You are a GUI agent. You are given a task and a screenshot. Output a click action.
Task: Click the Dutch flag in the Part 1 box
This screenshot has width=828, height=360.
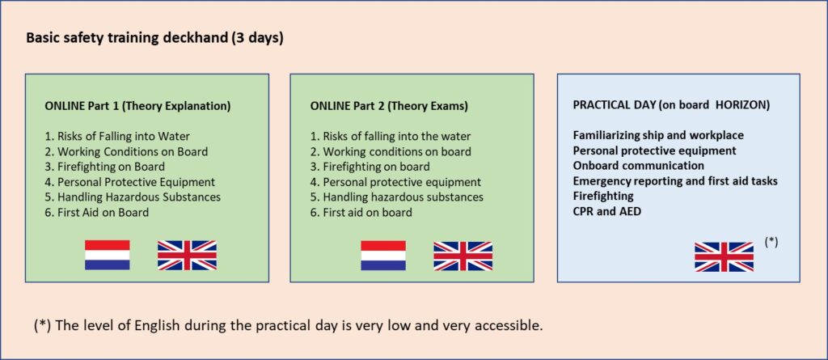[x=108, y=256]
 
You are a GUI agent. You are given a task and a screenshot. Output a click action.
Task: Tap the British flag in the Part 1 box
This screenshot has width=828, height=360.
[x=187, y=256]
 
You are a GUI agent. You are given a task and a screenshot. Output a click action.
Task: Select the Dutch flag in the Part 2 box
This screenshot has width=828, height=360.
[x=383, y=256]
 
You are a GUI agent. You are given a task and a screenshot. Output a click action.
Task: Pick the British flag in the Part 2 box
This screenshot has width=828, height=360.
[x=463, y=256]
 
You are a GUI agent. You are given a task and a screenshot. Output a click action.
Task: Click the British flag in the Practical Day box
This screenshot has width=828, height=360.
[x=724, y=256]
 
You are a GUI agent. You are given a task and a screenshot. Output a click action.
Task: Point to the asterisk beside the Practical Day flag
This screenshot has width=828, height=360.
[x=771, y=242]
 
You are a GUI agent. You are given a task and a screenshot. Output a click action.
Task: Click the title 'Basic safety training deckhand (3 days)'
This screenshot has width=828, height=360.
[x=154, y=39]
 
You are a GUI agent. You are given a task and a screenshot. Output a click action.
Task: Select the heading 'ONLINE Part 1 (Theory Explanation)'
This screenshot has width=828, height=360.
[x=137, y=106]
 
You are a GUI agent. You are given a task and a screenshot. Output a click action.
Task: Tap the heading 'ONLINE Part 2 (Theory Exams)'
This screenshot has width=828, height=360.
[x=389, y=106]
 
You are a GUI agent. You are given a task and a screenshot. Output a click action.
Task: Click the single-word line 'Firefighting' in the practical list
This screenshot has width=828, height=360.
[x=603, y=196]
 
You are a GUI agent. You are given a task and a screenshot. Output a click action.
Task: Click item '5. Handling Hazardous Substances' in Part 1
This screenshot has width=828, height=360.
[x=133, y=197]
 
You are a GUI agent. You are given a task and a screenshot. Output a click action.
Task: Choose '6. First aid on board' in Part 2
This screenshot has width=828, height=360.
[x=361, y=213]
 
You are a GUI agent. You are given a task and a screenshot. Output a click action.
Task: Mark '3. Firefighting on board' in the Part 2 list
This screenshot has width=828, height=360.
[x=370, y=167]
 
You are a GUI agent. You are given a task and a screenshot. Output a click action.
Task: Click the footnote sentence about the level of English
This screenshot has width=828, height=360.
[x=289, y=326]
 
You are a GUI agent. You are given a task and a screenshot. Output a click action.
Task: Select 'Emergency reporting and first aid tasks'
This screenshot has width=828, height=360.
[x=675, y=180]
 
